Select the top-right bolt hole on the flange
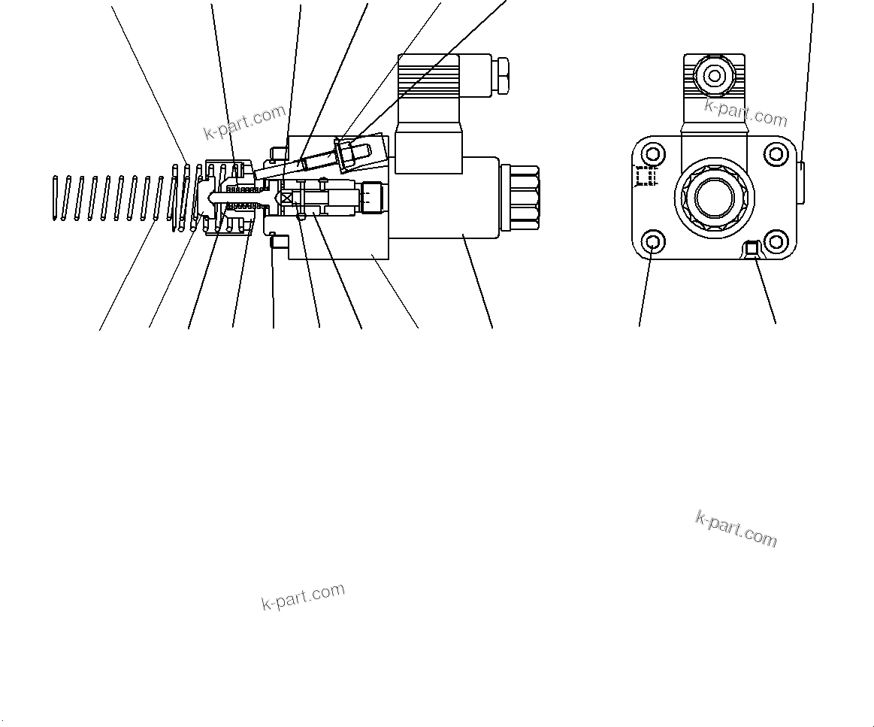(776, 155)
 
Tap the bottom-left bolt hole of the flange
(652, 242)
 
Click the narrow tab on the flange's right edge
(801, 182)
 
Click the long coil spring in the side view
(113, 198)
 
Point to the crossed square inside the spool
(286, 196)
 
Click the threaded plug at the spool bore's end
(372, 198)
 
